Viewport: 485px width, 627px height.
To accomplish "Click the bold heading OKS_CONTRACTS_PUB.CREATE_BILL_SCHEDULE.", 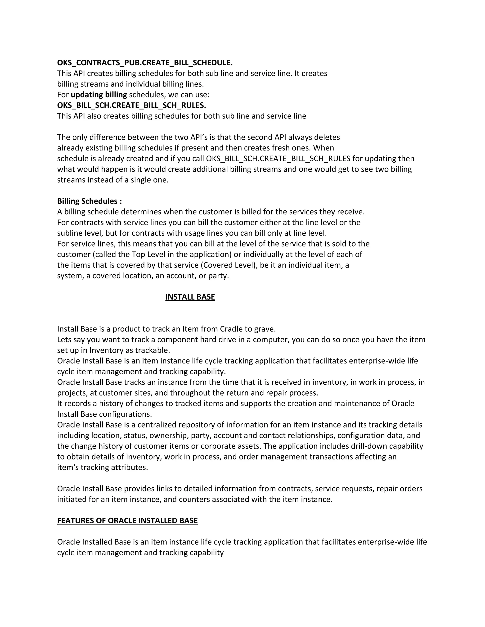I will pos(145,63).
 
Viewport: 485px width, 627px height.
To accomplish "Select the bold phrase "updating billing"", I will pos(99,94).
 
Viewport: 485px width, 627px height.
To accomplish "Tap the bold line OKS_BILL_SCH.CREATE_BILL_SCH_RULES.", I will pos(132,105).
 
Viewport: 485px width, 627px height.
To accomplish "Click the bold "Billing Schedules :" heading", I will pos(89,201).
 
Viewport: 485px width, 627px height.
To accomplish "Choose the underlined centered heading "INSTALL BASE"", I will pos(190,297).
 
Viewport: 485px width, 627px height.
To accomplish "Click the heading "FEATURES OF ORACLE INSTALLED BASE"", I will pos(127,521).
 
